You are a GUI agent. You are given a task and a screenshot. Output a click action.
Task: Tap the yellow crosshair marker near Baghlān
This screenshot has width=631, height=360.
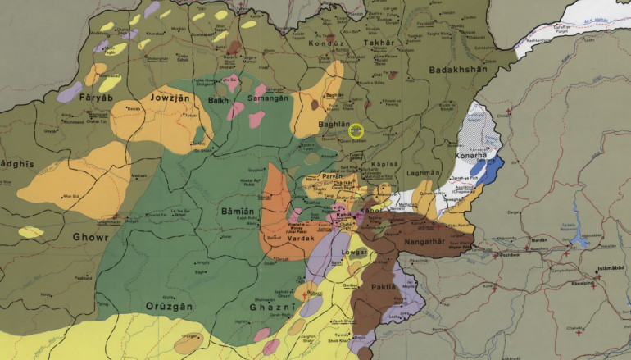pos(356,130)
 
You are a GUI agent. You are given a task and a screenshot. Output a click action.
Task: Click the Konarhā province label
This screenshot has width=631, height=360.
pos(470,155)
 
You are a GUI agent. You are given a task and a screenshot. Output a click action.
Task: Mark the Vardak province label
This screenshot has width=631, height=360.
pos(278,238)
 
